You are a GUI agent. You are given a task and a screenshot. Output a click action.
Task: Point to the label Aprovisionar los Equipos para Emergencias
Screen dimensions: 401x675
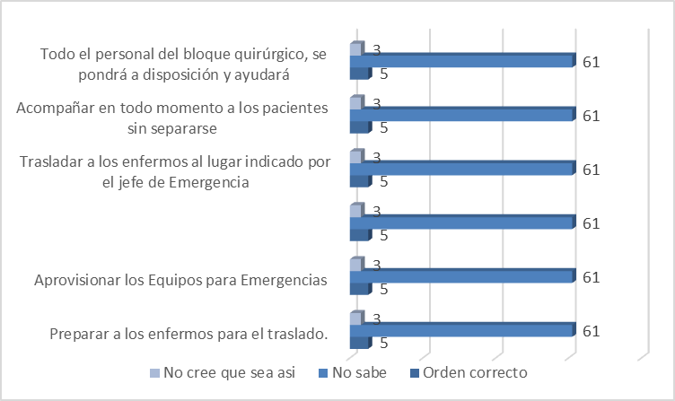(x=180, y=280)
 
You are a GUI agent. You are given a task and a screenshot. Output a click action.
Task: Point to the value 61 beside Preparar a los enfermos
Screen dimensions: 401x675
(x=591, y=331)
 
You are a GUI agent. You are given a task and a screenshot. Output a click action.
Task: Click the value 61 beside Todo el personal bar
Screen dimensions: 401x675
(x=591, y=62)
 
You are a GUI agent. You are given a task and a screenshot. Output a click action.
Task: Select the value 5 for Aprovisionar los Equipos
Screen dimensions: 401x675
(x=383, y=289)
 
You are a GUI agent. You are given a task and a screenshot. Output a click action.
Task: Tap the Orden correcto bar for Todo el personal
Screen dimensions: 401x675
(x=358, y=74)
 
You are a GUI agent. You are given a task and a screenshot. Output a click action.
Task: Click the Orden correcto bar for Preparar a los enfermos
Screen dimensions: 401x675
(x=358, y=342)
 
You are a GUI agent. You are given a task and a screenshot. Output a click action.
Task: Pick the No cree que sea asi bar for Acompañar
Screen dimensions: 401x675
(x=355, y=103)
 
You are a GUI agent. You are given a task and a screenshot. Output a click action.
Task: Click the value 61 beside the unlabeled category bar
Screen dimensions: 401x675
(x=591, y=223)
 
